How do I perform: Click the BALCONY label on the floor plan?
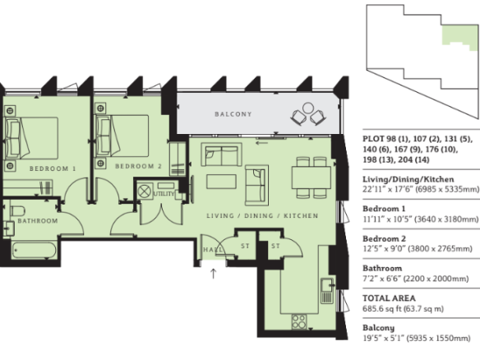pos(233,114)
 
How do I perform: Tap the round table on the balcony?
pos(308,108)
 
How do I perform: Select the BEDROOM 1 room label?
pos(53,168)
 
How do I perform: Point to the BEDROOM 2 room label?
pos(138,166)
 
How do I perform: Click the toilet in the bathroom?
pos(18,211)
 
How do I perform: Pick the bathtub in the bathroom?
pos(34,250)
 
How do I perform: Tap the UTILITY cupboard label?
pos(164,194)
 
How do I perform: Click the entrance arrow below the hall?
pos(213,274)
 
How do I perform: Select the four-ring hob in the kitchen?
pos(299,321)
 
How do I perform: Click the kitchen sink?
pos(327,291)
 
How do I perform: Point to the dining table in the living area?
pos(312,178)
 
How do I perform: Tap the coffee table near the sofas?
pos(221,182)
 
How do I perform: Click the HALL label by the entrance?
pos(213,250)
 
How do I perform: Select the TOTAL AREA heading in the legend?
pos(389,298)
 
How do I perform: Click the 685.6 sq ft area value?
pos(381,308)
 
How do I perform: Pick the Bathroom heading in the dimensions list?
pos(382,269)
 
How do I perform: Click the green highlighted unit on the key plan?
pos(459,37)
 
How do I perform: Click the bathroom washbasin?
pos(9,228)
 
